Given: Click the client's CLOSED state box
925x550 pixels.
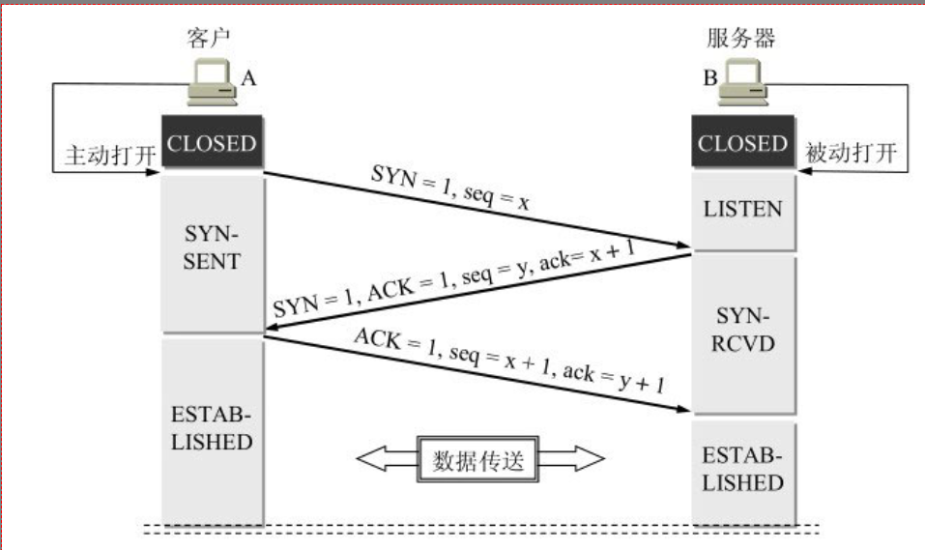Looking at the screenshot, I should [212, 145].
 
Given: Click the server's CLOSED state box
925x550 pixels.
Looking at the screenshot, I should [743, 145].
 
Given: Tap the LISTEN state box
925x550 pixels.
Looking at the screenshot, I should [743, 209].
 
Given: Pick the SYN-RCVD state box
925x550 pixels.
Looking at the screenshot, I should [743, 330].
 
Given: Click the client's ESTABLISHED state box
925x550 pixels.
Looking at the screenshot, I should [212, 429].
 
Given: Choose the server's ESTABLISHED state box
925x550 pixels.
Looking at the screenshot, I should [743, 470].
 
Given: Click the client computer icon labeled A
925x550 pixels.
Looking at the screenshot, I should [212, 86].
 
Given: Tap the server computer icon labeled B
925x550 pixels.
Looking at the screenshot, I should [745, 86].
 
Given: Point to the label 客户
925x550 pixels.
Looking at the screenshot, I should [209, 39].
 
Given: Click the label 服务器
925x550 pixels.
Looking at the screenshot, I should [741, 39].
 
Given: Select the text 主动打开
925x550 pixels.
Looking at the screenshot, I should [102, 155].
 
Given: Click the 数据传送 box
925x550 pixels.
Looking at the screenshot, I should [477, 459].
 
